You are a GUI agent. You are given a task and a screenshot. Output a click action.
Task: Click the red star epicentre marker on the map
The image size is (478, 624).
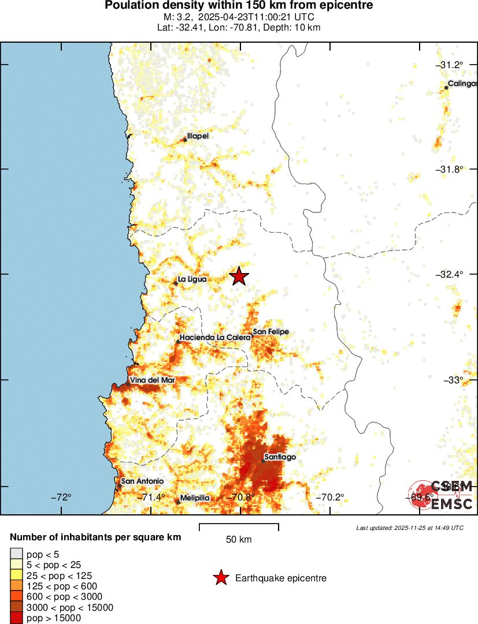[x=239, y=276]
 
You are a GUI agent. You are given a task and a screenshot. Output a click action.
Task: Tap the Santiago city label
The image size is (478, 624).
[x=280, y=457]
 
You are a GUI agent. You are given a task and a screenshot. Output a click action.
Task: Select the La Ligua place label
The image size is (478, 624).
[x=192, y=279]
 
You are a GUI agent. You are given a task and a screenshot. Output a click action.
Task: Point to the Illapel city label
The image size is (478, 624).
[x=198, y=136]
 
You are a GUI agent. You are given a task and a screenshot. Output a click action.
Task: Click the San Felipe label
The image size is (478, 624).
[x=271, y=332]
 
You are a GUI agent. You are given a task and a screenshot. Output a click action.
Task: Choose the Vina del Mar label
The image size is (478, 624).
[x=152, y=380]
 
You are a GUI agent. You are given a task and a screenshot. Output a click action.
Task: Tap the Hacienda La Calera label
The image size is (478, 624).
[x=215, y=337]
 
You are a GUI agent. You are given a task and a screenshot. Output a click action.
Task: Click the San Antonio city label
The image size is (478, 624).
[x=142, y=481]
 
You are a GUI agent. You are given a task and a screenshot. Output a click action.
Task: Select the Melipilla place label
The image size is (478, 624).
[x=195, y=498]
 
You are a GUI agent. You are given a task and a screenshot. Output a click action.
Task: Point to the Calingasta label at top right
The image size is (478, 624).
[x=462, y=84]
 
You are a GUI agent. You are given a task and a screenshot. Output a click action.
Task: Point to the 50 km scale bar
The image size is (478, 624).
[x=239, y=527]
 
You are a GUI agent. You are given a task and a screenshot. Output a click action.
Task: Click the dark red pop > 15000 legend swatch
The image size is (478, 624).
[x=14, y=618]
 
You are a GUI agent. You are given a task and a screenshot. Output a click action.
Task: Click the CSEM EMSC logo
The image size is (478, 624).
[x=442, y=495]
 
